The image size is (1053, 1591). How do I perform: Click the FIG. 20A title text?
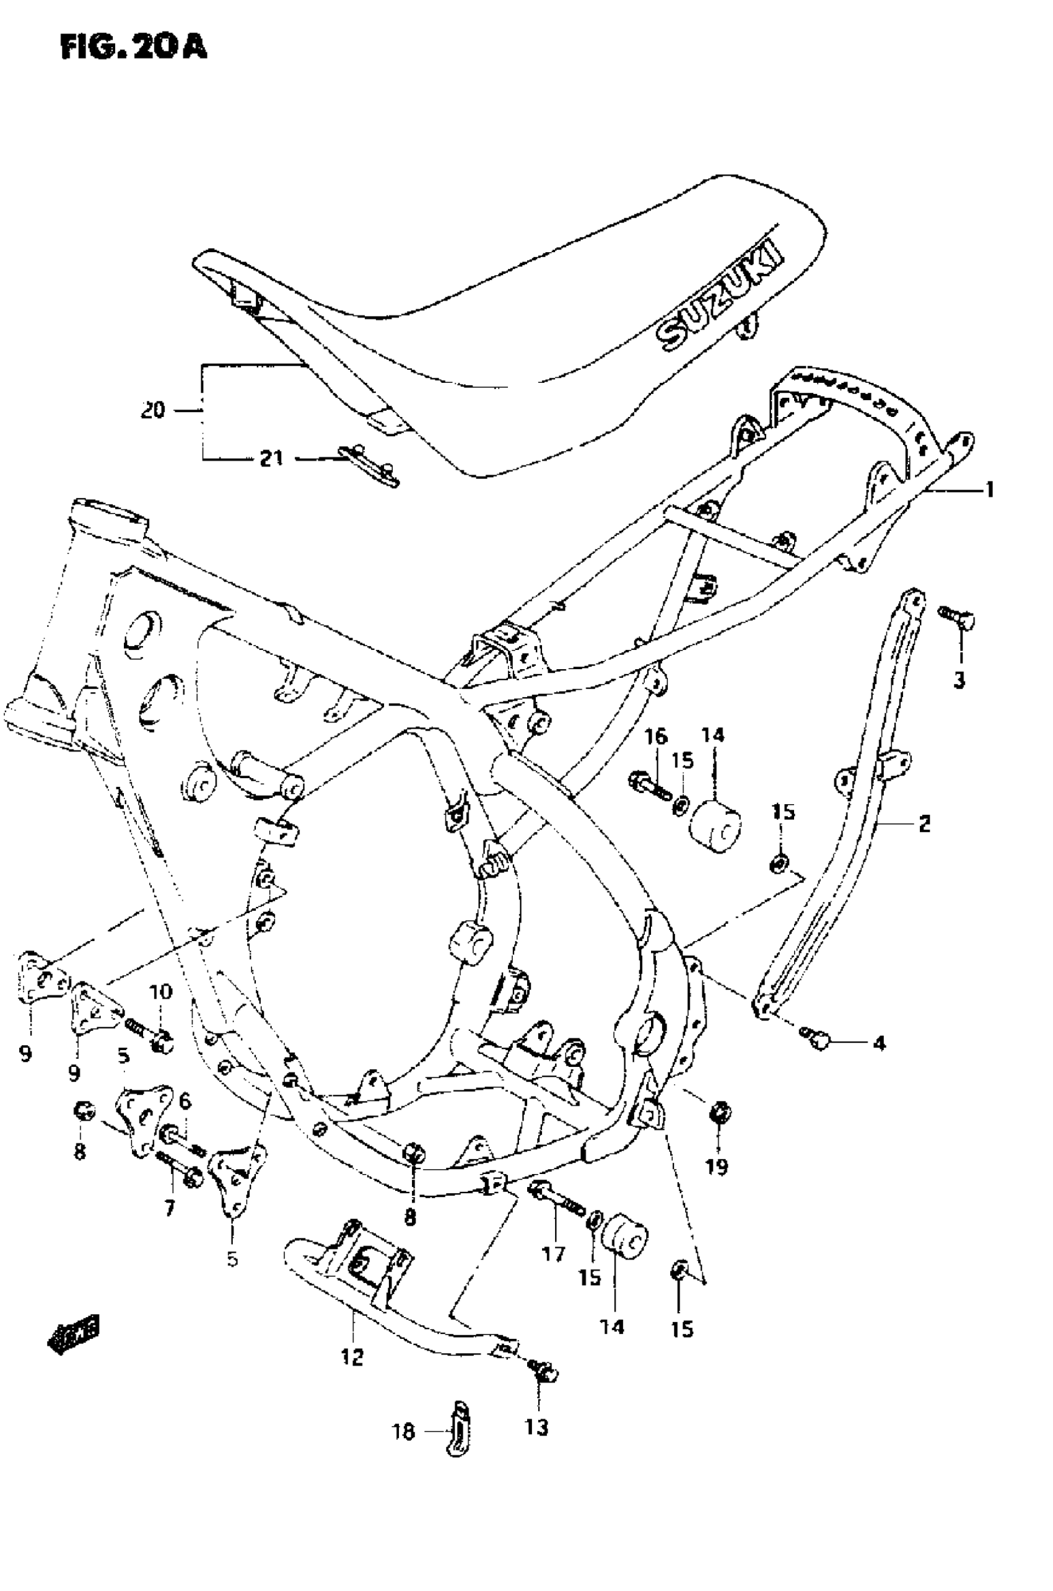point(133,47)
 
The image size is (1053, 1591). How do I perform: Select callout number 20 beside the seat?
point(153,410)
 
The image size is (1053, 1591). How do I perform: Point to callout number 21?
point(271,458)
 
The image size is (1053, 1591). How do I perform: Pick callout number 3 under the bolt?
point(959,680)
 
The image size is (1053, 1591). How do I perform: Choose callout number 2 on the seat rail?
point(924,823)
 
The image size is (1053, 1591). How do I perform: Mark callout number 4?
point(878,1043)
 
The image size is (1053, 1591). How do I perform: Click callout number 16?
point(656,737)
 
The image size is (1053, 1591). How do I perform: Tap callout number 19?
point(717,1167)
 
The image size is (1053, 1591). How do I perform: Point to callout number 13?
point(536,1427)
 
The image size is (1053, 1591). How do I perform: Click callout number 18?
point(404,1432)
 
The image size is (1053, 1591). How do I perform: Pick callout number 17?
point(553,1253)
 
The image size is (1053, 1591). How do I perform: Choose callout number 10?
point(161,991)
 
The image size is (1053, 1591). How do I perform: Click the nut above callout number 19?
point(719,1113)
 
